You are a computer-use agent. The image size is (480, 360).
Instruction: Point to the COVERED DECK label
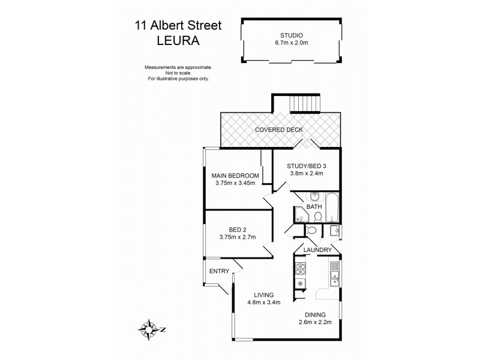[x=278, y=130]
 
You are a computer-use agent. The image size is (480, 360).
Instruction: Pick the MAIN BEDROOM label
[x=235, y=176]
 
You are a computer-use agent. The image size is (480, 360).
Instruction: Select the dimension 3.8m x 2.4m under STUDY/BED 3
[x=305, y=175]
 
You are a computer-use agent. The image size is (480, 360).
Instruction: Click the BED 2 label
[x=238, y=229]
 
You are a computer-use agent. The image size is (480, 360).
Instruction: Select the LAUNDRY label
[x=317, y=250]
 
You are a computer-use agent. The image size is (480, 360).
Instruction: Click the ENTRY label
[x=219, y=272]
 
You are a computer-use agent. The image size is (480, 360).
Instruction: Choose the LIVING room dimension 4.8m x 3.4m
[x=263, y=303]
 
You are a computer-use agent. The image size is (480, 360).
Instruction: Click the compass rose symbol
[x=146, y=328]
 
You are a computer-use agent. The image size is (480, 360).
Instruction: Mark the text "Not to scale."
[x=178, y=73]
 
